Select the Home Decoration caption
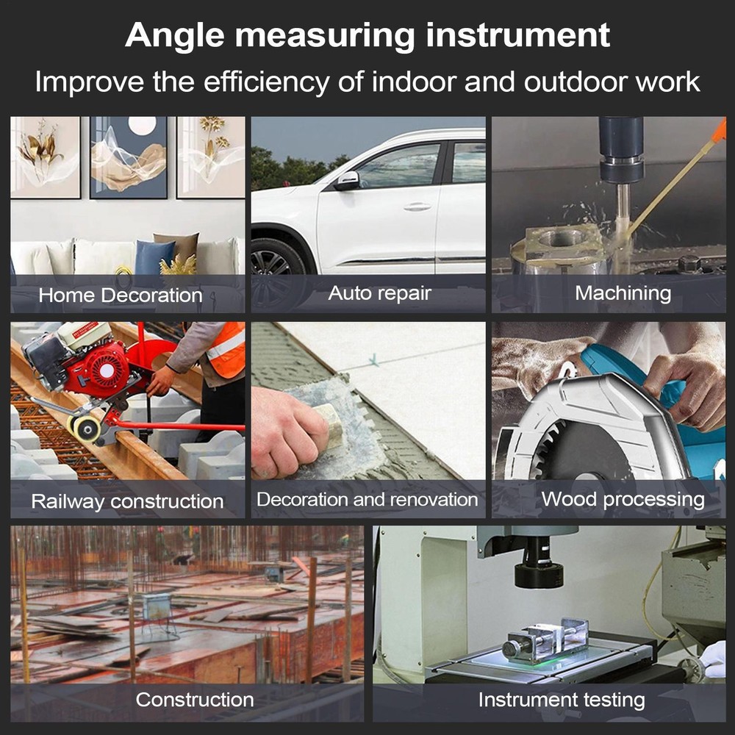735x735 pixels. coord(121,295)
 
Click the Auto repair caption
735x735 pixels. coord(379,293)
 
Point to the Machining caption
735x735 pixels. coord(623,293)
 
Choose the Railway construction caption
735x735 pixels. coord(127,501)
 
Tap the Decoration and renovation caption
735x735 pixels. coord(367,500)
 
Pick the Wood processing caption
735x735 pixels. coord(623,500)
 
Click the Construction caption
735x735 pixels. coord(195,699)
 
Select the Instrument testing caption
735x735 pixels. coord(562,700)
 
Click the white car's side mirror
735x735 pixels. coord(346,181)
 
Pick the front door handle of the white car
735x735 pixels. coord(417,207)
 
